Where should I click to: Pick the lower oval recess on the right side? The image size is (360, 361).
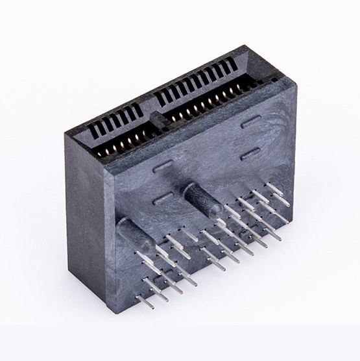[250, 154]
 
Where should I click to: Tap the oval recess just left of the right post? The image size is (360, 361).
[163, 197]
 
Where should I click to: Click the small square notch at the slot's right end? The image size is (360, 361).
[274, 80]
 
